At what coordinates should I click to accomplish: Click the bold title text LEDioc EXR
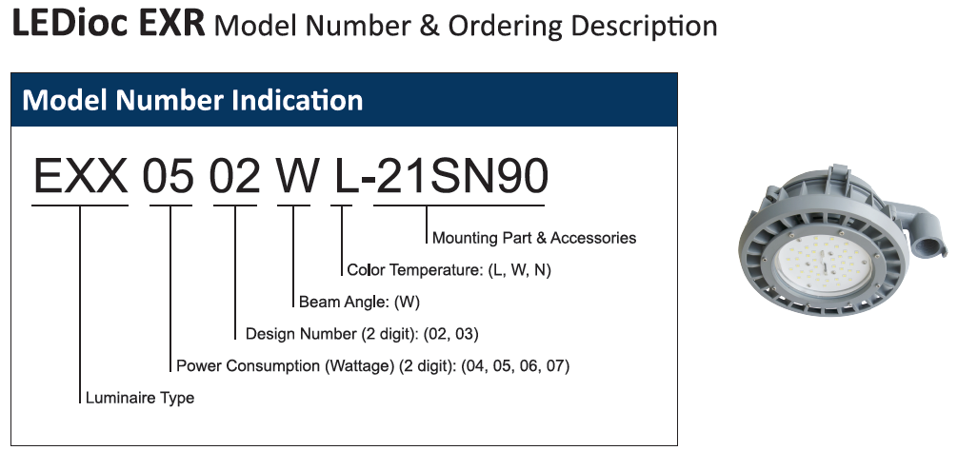pos(109,24)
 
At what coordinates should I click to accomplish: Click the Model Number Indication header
pos(192,100)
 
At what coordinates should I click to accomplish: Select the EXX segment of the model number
pos(80,176)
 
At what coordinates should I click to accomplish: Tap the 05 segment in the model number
pos(169,176)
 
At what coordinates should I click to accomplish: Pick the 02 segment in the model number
pos(234,176)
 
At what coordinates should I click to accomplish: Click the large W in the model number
pos(298,176)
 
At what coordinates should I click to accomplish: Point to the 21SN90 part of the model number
pos(462,176)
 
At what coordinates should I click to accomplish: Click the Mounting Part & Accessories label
pos(534,238)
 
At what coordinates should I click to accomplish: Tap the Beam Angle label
pos(344,302)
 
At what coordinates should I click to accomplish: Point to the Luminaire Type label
pos(140,398)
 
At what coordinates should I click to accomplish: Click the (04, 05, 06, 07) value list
pos(515,366)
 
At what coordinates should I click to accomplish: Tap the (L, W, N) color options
pos(519,270)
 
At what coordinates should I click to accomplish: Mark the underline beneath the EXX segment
pos(80,206)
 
